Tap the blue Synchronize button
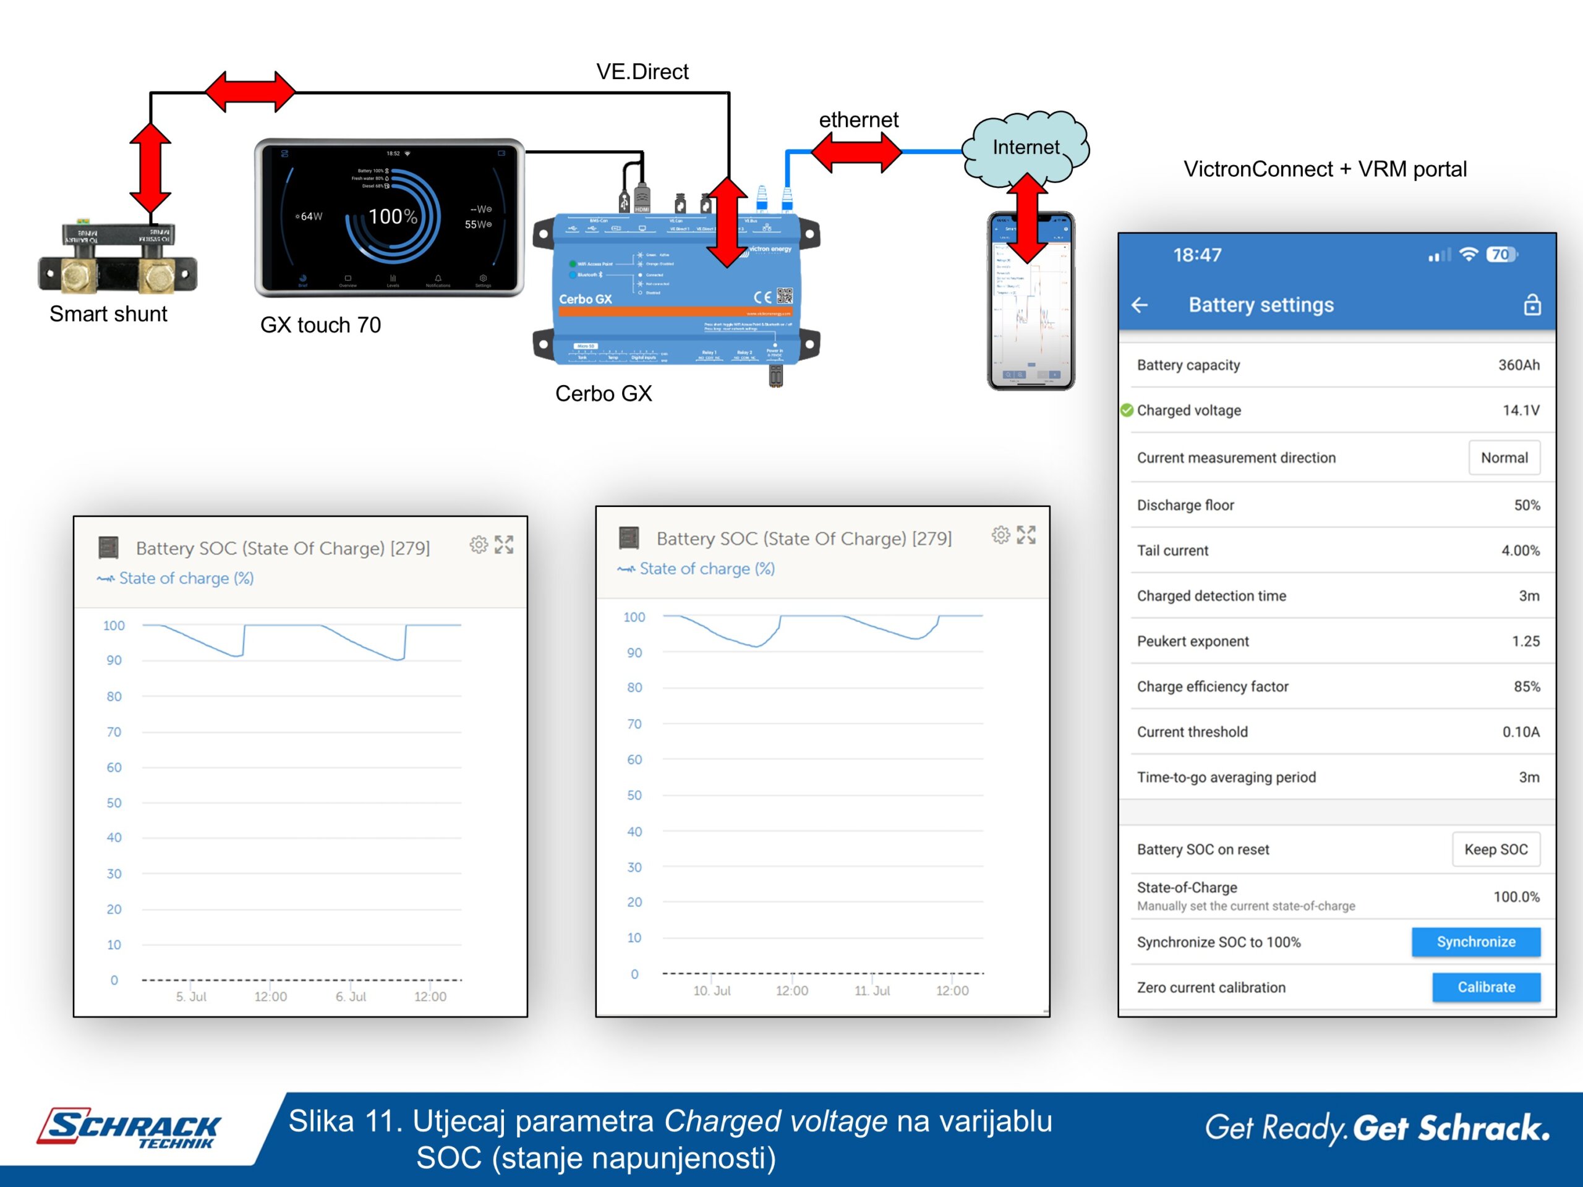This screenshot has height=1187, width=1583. pyautogui.click(x=1475, y=942)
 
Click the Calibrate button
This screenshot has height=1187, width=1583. pyautogui.click(x=1486, y=987)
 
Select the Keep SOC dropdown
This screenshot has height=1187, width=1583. pyautogui.click(x=1496, y=849)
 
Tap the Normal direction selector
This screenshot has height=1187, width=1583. pyautogui.click(x=1504, y=458)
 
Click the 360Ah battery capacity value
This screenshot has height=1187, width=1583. pyautogui.click(x=1519, y=365)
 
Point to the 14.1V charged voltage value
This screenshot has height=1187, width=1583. pyautogui.click(x=1521, y=411)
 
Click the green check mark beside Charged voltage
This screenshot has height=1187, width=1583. pyautogui.click(x=1127, y=410)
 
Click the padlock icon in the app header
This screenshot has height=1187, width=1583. pyautogui.click(x=1532, y=305)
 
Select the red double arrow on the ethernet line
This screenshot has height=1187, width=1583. pyautogui.click(x=856, y=151)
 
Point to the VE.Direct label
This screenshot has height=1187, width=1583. pyautogui.click(x=642, y=72)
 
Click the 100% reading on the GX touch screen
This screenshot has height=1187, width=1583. pyautogui.click(x=392, y=216)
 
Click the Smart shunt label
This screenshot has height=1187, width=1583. pyautogui.click(x=108, y=314)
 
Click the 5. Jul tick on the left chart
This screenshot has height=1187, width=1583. pyautogui.click(x=191, y=997)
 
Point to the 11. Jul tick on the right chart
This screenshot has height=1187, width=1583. pyautogui.click(x=872, y=991)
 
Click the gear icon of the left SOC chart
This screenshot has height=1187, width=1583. pyautogui.click(x=479, y=545)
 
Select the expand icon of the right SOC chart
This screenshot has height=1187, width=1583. pyautogui.click(x=1026, y=535)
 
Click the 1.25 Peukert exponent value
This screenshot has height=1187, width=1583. pyautogui.click(x=1525, y=642)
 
